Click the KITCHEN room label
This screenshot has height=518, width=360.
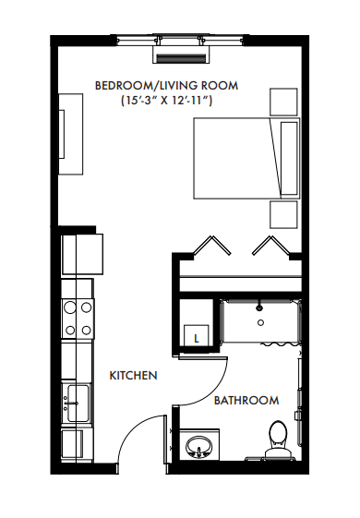pos(133,375)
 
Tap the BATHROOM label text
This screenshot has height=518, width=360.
pos(246,401)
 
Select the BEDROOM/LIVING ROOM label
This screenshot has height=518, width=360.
pos(166,85)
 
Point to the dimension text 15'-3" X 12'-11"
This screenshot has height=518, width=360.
pos(166,100)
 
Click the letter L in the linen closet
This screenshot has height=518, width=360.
pos(197,339)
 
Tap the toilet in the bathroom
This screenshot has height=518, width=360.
pos(279,439)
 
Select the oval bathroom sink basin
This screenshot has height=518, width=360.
pos(198,446)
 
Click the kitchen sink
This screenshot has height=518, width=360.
pos(78,403)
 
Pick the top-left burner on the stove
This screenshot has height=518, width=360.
pos(70,307)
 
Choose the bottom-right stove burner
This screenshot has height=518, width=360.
pos(86,330)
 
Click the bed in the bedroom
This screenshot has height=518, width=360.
pos(246,158)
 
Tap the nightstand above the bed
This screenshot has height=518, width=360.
pos(283,102)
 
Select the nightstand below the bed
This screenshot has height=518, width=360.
pos(283,214)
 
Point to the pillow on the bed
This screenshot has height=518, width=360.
pos(289,158)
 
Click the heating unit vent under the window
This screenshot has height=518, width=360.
pos(181,58)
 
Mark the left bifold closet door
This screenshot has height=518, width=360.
pos(212,246)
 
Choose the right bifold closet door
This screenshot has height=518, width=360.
pos(271,246)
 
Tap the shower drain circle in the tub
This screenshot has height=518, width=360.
pos(260,323)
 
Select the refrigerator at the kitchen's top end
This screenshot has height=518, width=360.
pos(82,254)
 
